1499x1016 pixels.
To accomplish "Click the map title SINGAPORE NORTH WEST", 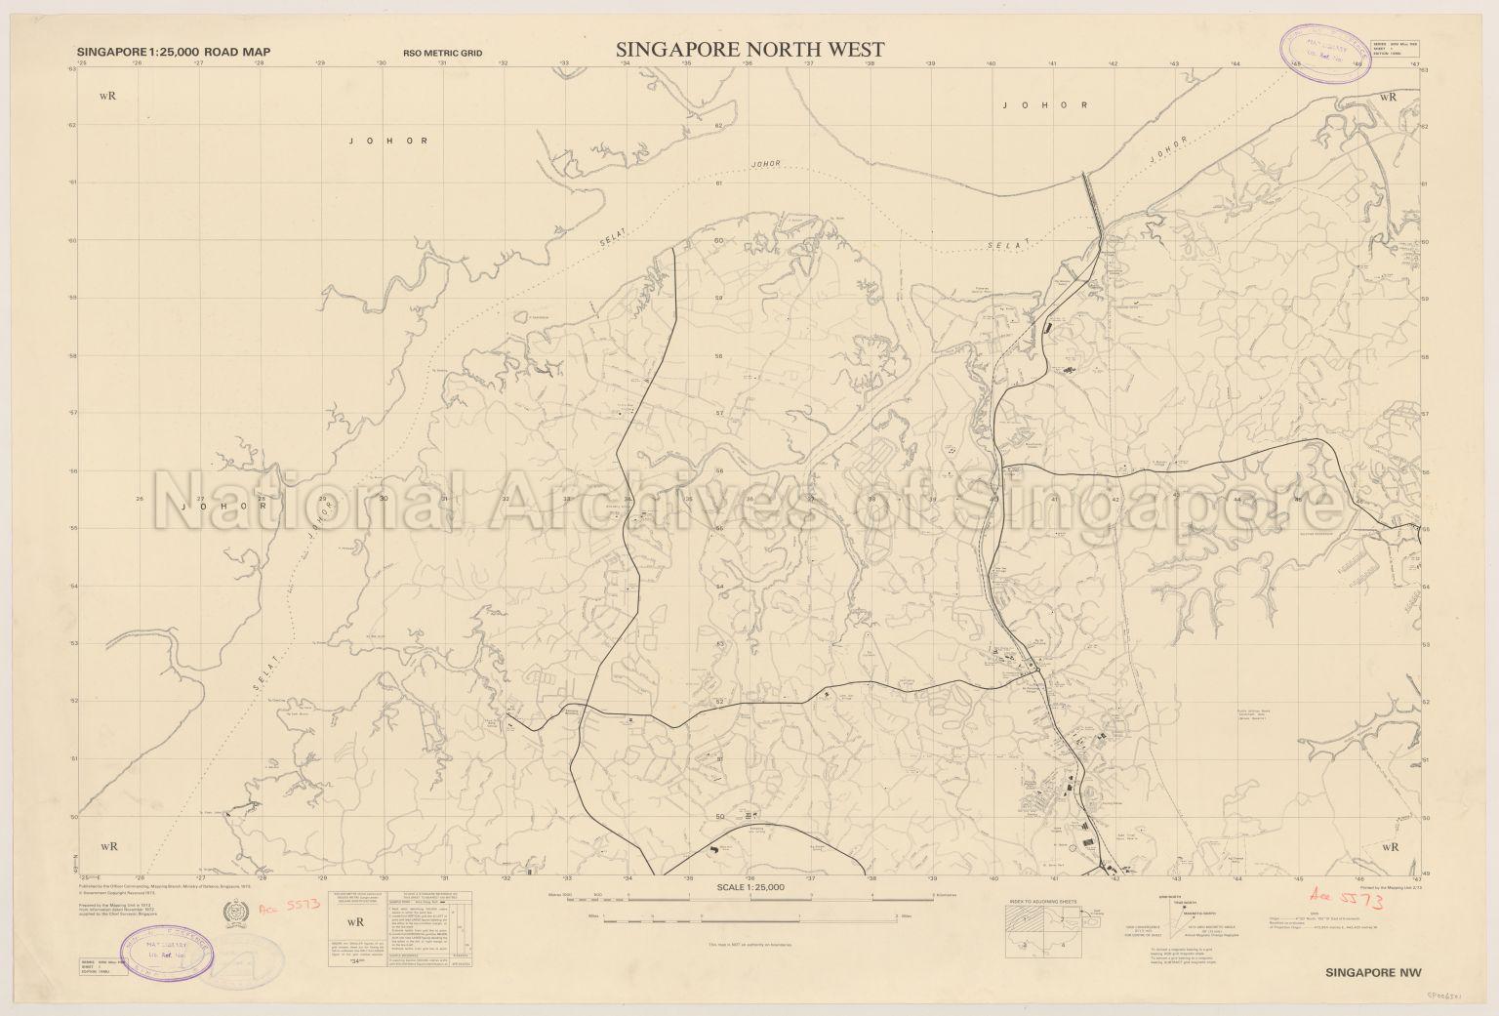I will [749, 49].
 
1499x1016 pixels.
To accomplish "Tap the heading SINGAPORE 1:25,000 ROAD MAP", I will [173, 53].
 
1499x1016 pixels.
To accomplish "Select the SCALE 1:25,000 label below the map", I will [749, 887].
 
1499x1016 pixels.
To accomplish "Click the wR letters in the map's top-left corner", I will [108, 97].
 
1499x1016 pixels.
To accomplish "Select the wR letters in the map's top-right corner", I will [1388, 97].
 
